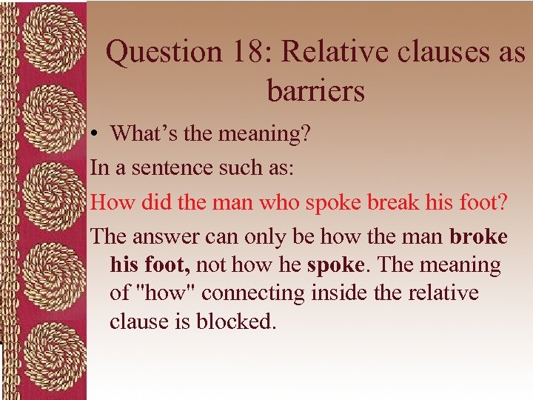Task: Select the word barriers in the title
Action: pyautogui.click(x=316, y=90)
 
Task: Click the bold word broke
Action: pyautogui.click(x=479, y=236)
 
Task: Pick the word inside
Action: pyautogui.click(x=340, y=293)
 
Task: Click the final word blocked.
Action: pyautogui.click(x=235, y=322)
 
